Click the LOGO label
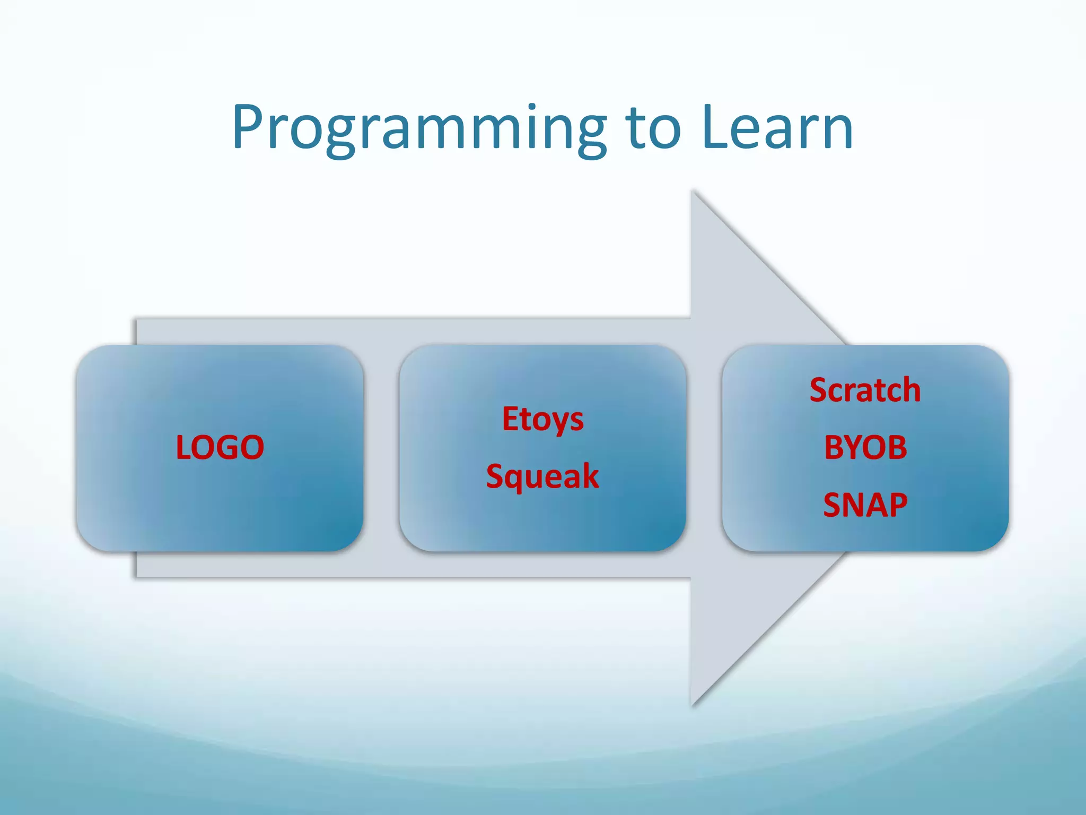point(220,447)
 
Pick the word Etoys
point(543,419)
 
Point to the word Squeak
point(542,476)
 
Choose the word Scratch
point(865,390)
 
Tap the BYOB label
point(865,447)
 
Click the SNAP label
point(865,505)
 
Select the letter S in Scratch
point(819,390)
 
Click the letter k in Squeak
point(590,476)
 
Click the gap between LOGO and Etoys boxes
point(381,447)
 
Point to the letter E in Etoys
point(510,419)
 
